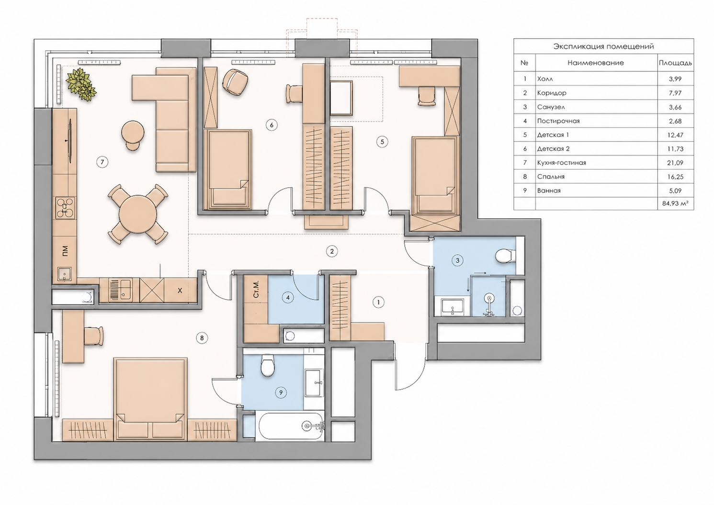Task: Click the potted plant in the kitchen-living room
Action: coord(81,84)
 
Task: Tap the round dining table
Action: coord(138,214)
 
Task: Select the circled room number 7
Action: coord(102,162)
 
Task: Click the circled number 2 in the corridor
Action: coord(332,251)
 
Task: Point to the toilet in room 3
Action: coord(506,256)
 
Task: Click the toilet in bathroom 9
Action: coord(267,365)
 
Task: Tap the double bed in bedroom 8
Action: coord(150,399)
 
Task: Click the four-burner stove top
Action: coord(65,208)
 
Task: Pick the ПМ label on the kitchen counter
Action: coord(65,251)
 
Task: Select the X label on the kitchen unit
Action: coord(180,291)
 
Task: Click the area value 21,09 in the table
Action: coord(675,163)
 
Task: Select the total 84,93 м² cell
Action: coord(675,203)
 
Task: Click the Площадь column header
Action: coord(675,63)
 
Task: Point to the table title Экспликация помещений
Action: coord(604,46)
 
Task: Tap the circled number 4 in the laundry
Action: coord(288,298)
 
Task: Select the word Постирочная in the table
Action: coord(558,121)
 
